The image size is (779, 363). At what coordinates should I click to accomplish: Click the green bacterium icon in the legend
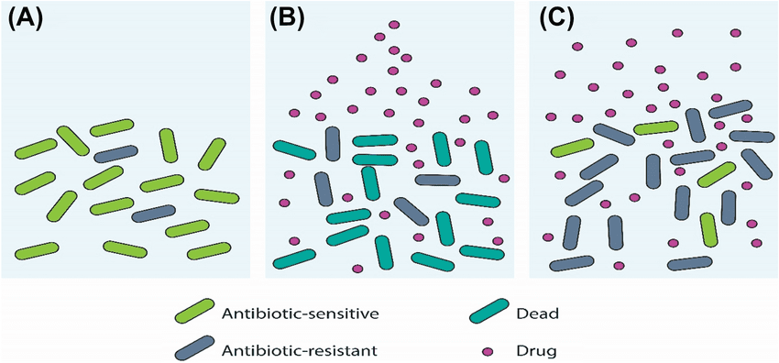tap(194, 314)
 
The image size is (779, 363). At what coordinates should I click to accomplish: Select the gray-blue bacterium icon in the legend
tap(194, 348)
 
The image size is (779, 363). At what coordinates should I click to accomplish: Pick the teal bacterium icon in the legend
tap(490, 314)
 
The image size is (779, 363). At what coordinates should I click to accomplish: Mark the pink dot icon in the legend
tap(488, 350)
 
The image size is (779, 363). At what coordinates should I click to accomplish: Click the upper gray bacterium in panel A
tap(116, 153)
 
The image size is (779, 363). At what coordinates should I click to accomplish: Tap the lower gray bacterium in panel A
tap(154, 214)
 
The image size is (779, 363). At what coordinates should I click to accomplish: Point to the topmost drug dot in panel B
tap(394, 25)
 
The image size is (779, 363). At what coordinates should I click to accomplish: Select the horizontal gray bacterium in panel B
tap(437, 180)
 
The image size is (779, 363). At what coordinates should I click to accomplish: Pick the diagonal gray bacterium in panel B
tap(411, 211)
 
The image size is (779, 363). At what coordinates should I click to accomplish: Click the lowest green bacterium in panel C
tap(708, 229)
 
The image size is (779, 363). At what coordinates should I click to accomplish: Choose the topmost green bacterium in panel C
tap(655, 127)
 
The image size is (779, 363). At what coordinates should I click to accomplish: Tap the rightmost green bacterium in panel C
tap(716, 174)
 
